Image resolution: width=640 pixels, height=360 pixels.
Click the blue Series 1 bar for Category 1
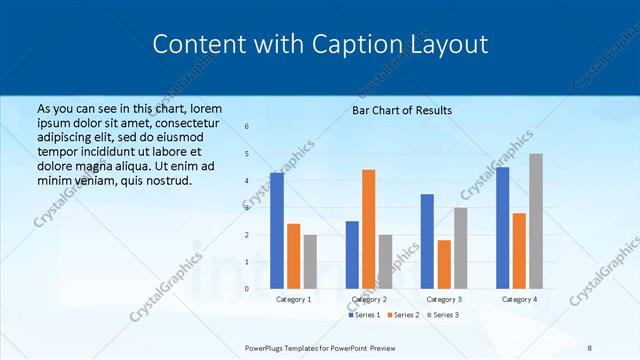click(277, 231)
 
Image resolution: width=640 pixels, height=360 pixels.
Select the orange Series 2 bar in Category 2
click(368, 229)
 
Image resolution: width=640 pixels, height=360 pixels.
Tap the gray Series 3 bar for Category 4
click(536, 221)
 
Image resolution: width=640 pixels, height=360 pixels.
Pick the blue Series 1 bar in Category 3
click(427, 241)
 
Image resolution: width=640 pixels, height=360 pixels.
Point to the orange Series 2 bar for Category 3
click(444, 264)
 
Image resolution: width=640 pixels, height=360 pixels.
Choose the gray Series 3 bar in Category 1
click(310, 262)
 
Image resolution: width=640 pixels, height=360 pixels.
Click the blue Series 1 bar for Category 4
click(503, 228)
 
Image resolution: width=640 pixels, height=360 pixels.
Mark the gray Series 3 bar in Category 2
click(385, 262)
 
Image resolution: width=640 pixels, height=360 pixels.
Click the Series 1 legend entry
click(366, 315)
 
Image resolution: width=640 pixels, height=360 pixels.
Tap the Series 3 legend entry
click(442, 315)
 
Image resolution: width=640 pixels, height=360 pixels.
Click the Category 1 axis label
click(293, 299)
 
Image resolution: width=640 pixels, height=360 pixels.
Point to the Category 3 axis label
click(444, 299)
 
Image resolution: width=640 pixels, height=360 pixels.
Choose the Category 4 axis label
click(519, 299)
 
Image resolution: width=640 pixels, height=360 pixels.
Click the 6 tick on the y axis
click(247, 127)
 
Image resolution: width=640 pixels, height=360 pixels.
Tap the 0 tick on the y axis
click(247, 289)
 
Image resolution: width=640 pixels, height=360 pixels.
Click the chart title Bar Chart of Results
click(402, 110)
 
